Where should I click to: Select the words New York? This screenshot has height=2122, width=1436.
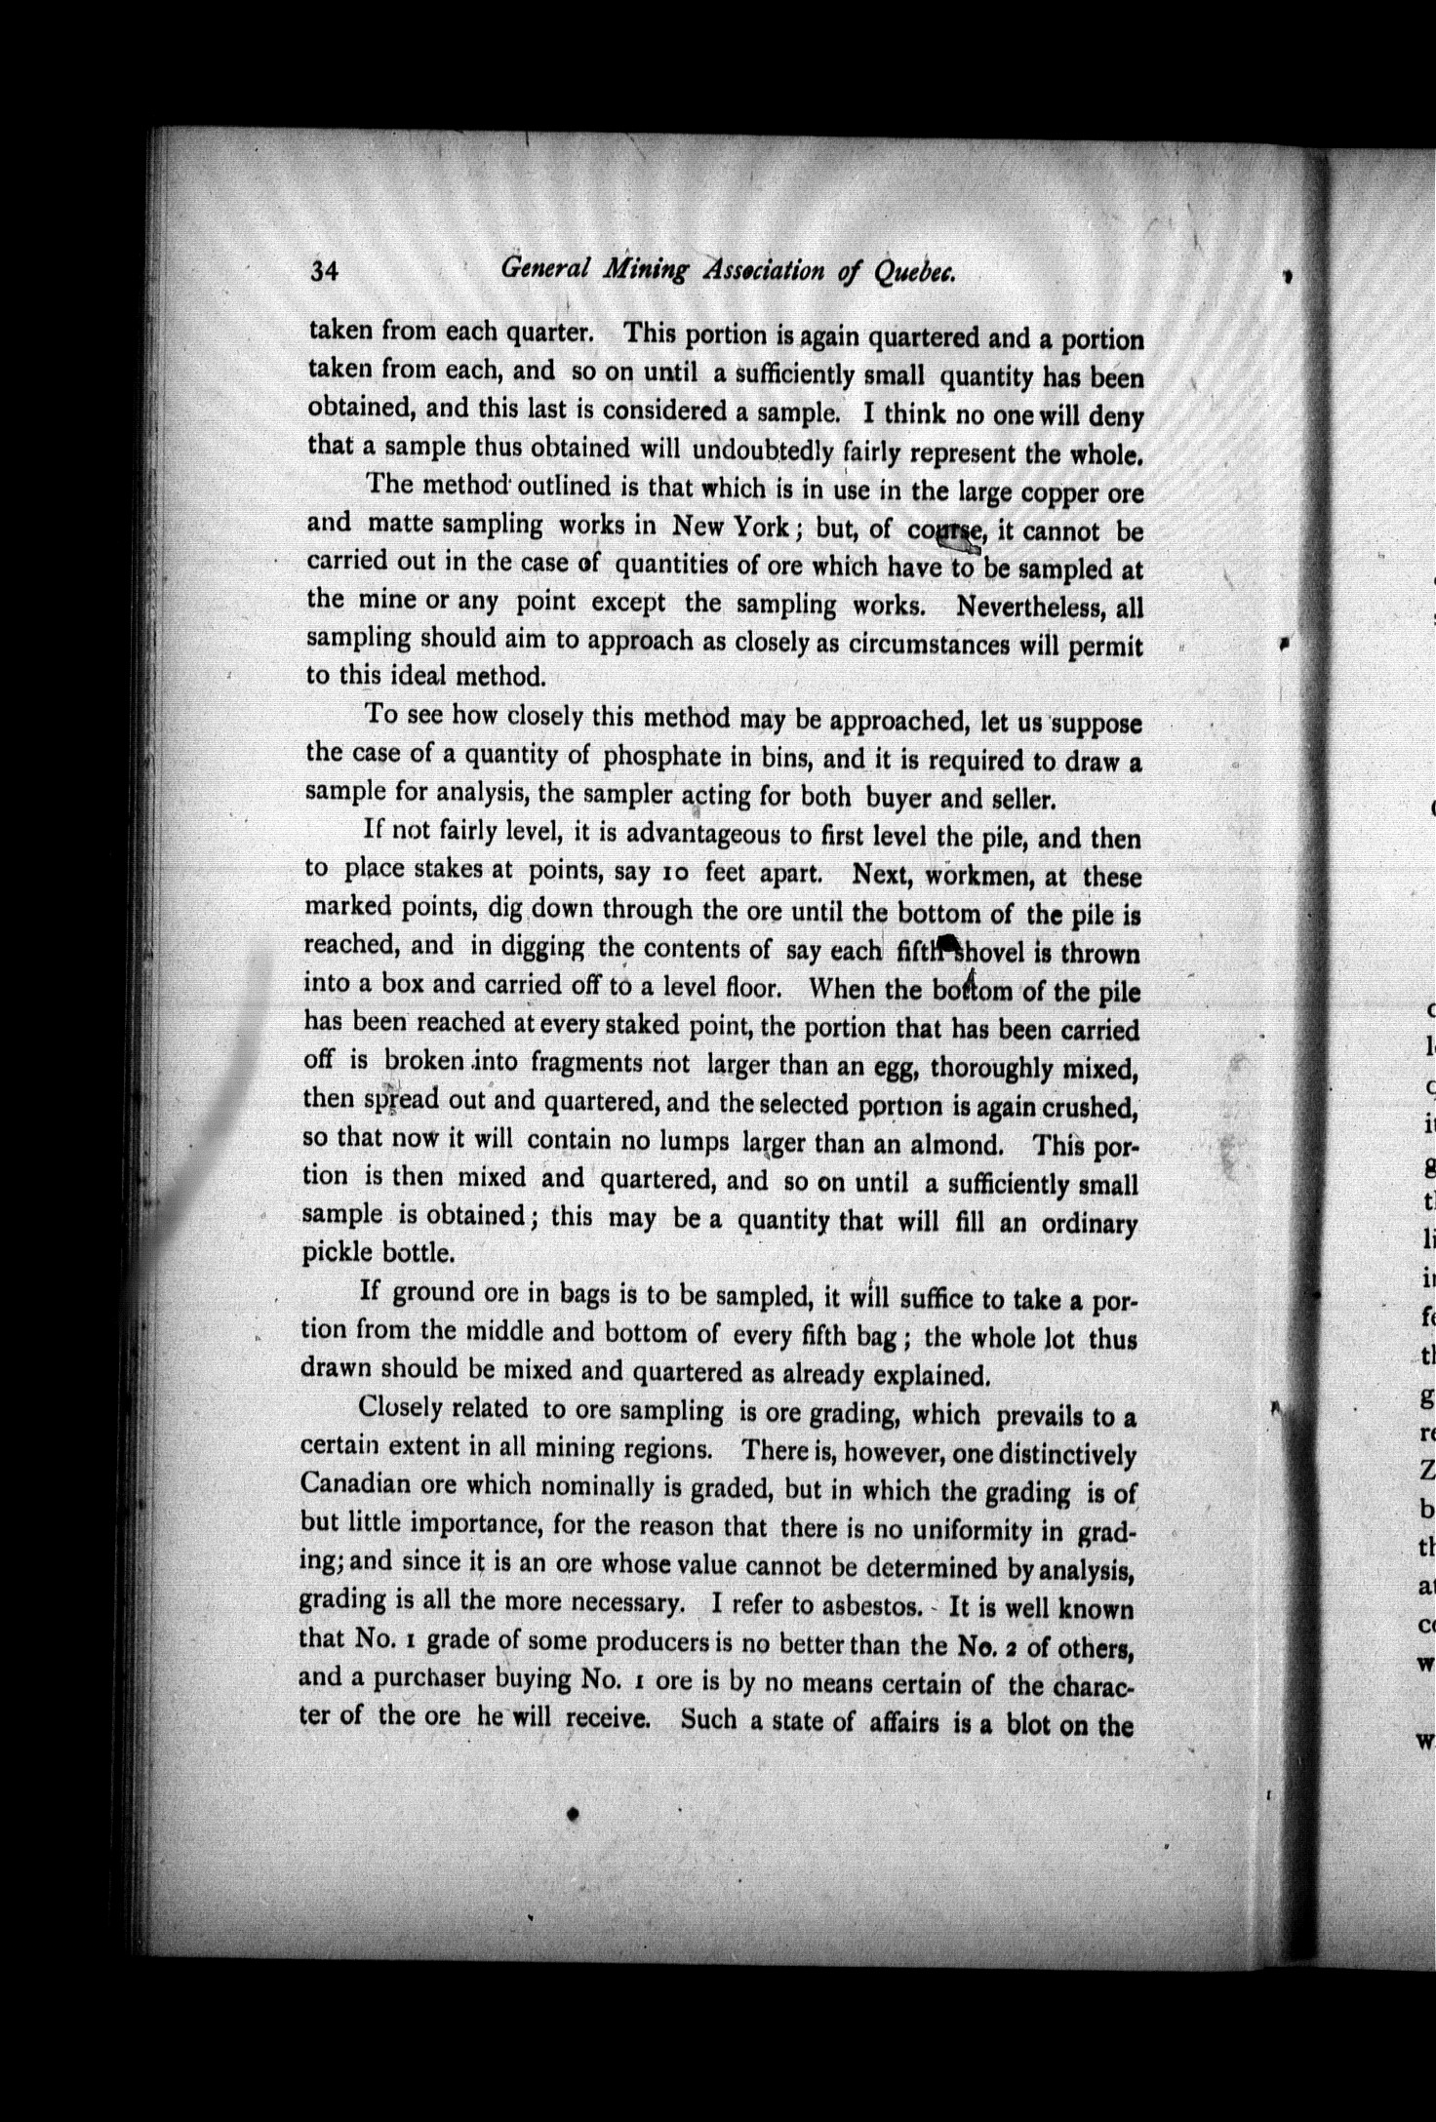[729, 527]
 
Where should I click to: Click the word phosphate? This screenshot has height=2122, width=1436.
[664, 756]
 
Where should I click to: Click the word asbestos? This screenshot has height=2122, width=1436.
[859, 1605]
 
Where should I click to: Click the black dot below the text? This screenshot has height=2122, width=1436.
[574, 1814]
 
